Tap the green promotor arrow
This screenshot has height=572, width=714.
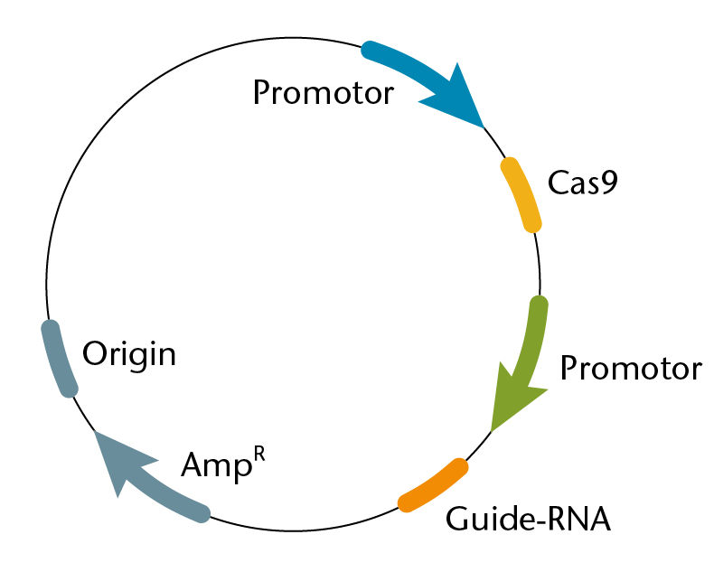pyautogui.click(x=527, y=360)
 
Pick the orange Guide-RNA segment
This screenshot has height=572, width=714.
pyautogui.click(x=434, y=485)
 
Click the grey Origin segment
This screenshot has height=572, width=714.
pyautogui.click(x=58, y=359)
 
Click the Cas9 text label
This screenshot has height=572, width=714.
pyautogui.click(x=582, y=183)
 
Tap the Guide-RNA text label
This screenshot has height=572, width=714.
pyautogui.click(x=528, y=519)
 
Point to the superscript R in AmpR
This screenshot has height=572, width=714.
pyautogui.click(x=259, y=455)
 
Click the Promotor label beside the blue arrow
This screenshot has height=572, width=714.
pyautogui.click(x=324, y=93)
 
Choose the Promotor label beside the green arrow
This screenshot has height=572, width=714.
pyautogui.click(x=631, y=368)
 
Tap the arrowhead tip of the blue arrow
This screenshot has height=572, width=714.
pyautogui.click(x=484, y=128)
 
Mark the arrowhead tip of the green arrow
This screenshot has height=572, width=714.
pyautogui.click(x=492, y=430)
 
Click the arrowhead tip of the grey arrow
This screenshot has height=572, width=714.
pyautogui.click(x=94, y=431)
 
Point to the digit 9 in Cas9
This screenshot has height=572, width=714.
pyautogui.click(x=609, y=183)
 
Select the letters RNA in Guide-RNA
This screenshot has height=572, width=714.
pyautogui.click(x=578, y=519)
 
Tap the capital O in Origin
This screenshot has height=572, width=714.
pyautogui.click(x=95, y=353)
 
